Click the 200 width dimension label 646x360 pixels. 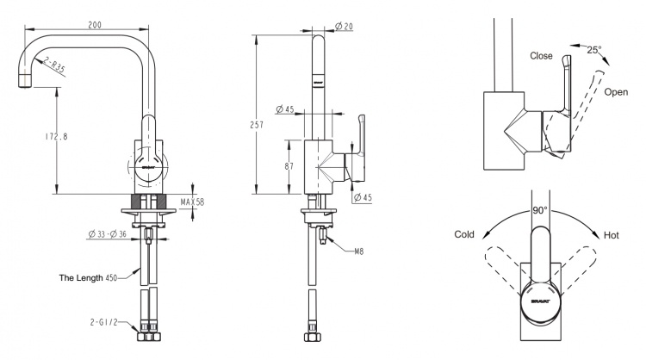click(x=95, y=25)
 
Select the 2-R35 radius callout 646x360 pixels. click(x=54, y=66)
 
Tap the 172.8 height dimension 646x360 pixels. click(x=57, y=136)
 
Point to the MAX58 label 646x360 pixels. click(x=192, y=202)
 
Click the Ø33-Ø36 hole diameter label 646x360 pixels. click(x=107, y=234)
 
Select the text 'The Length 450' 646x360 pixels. click(x=88, y=278)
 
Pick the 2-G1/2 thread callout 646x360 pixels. click(x=104, y=322)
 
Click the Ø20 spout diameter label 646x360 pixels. click(x=344, y=26)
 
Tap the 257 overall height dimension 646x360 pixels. click(x=257, y=124)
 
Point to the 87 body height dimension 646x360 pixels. click(x=289, y=166)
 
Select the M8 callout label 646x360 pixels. click(x=359, y=251)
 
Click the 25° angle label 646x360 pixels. click(x=594, y=50)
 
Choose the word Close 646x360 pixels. click(x=541, y=56)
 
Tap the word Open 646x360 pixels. click(x=616, y=92)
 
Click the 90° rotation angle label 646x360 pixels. click(x=540, y=210)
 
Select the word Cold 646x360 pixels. click(x=464, y=234)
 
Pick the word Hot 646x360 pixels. click(x=612, y=235)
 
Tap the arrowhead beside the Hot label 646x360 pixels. click(x=596, y=235)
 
